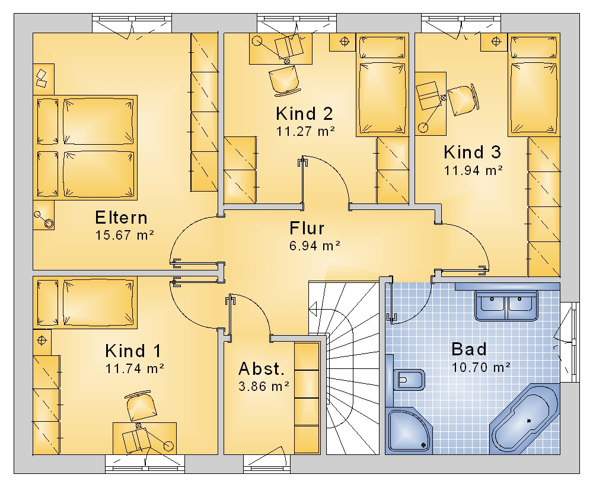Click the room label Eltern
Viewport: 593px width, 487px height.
click(x=121, y=218)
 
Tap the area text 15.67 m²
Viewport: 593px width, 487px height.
click(x=125, y=235)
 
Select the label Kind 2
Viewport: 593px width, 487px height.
click(x=304, y=113)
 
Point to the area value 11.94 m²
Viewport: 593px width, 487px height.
click(x=473, y=170)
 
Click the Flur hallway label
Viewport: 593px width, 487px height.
click(x=307, y=228)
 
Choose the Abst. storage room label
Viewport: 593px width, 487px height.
click(x=262, y=368)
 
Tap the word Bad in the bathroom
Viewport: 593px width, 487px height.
click(x=469, y=349)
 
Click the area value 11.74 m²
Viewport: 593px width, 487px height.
click(x=135, y=368)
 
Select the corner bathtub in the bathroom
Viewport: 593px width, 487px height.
click(x=524, y=419)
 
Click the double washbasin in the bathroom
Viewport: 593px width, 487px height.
click(x=506, y=305)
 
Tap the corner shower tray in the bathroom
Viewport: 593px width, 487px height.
click(x=409, y=431)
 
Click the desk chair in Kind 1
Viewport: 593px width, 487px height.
click(x=141, y=406)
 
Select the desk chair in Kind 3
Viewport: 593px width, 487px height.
click(x=463, y=100)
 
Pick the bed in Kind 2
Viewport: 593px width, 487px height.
click(x=382, y=85)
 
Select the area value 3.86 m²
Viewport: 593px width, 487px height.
click(x=264, y=386)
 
